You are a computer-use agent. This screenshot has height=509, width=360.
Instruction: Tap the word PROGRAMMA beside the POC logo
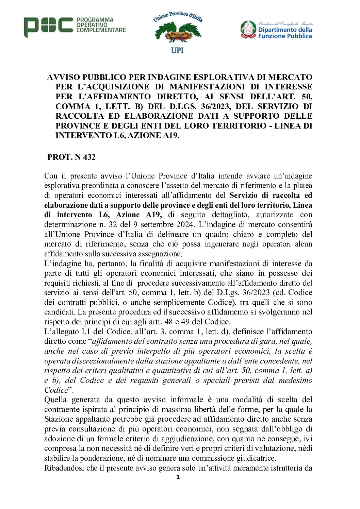95,20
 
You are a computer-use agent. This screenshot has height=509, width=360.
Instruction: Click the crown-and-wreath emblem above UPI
178,33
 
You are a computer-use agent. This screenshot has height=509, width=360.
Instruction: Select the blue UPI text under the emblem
177,50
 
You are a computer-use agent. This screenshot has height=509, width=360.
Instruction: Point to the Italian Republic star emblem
248,29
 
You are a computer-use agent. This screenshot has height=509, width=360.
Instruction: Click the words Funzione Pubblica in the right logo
285,36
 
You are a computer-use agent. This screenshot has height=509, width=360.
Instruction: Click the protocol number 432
89,157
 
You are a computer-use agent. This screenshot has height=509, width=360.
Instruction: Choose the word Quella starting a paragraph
55,400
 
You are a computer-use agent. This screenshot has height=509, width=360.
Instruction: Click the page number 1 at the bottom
178,477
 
